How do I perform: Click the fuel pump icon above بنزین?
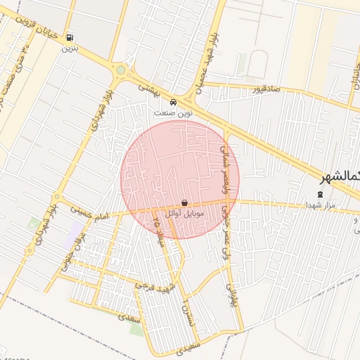(x=69, y=37)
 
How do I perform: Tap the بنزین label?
(x=69, y=49)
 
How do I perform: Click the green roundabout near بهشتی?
(x=120, y=70)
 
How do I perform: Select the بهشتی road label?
(x=150, y=89)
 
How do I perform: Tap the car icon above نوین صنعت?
(x=174, y=101)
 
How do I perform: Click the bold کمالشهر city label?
(x=338, y=177)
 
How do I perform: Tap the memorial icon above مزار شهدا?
(x=321, y=193)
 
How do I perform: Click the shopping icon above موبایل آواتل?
(x=184, y=202)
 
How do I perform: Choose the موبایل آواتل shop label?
(x=184, y=213)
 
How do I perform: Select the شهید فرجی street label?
(x=153, y=286)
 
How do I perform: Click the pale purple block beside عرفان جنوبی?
(x=72, y=236)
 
